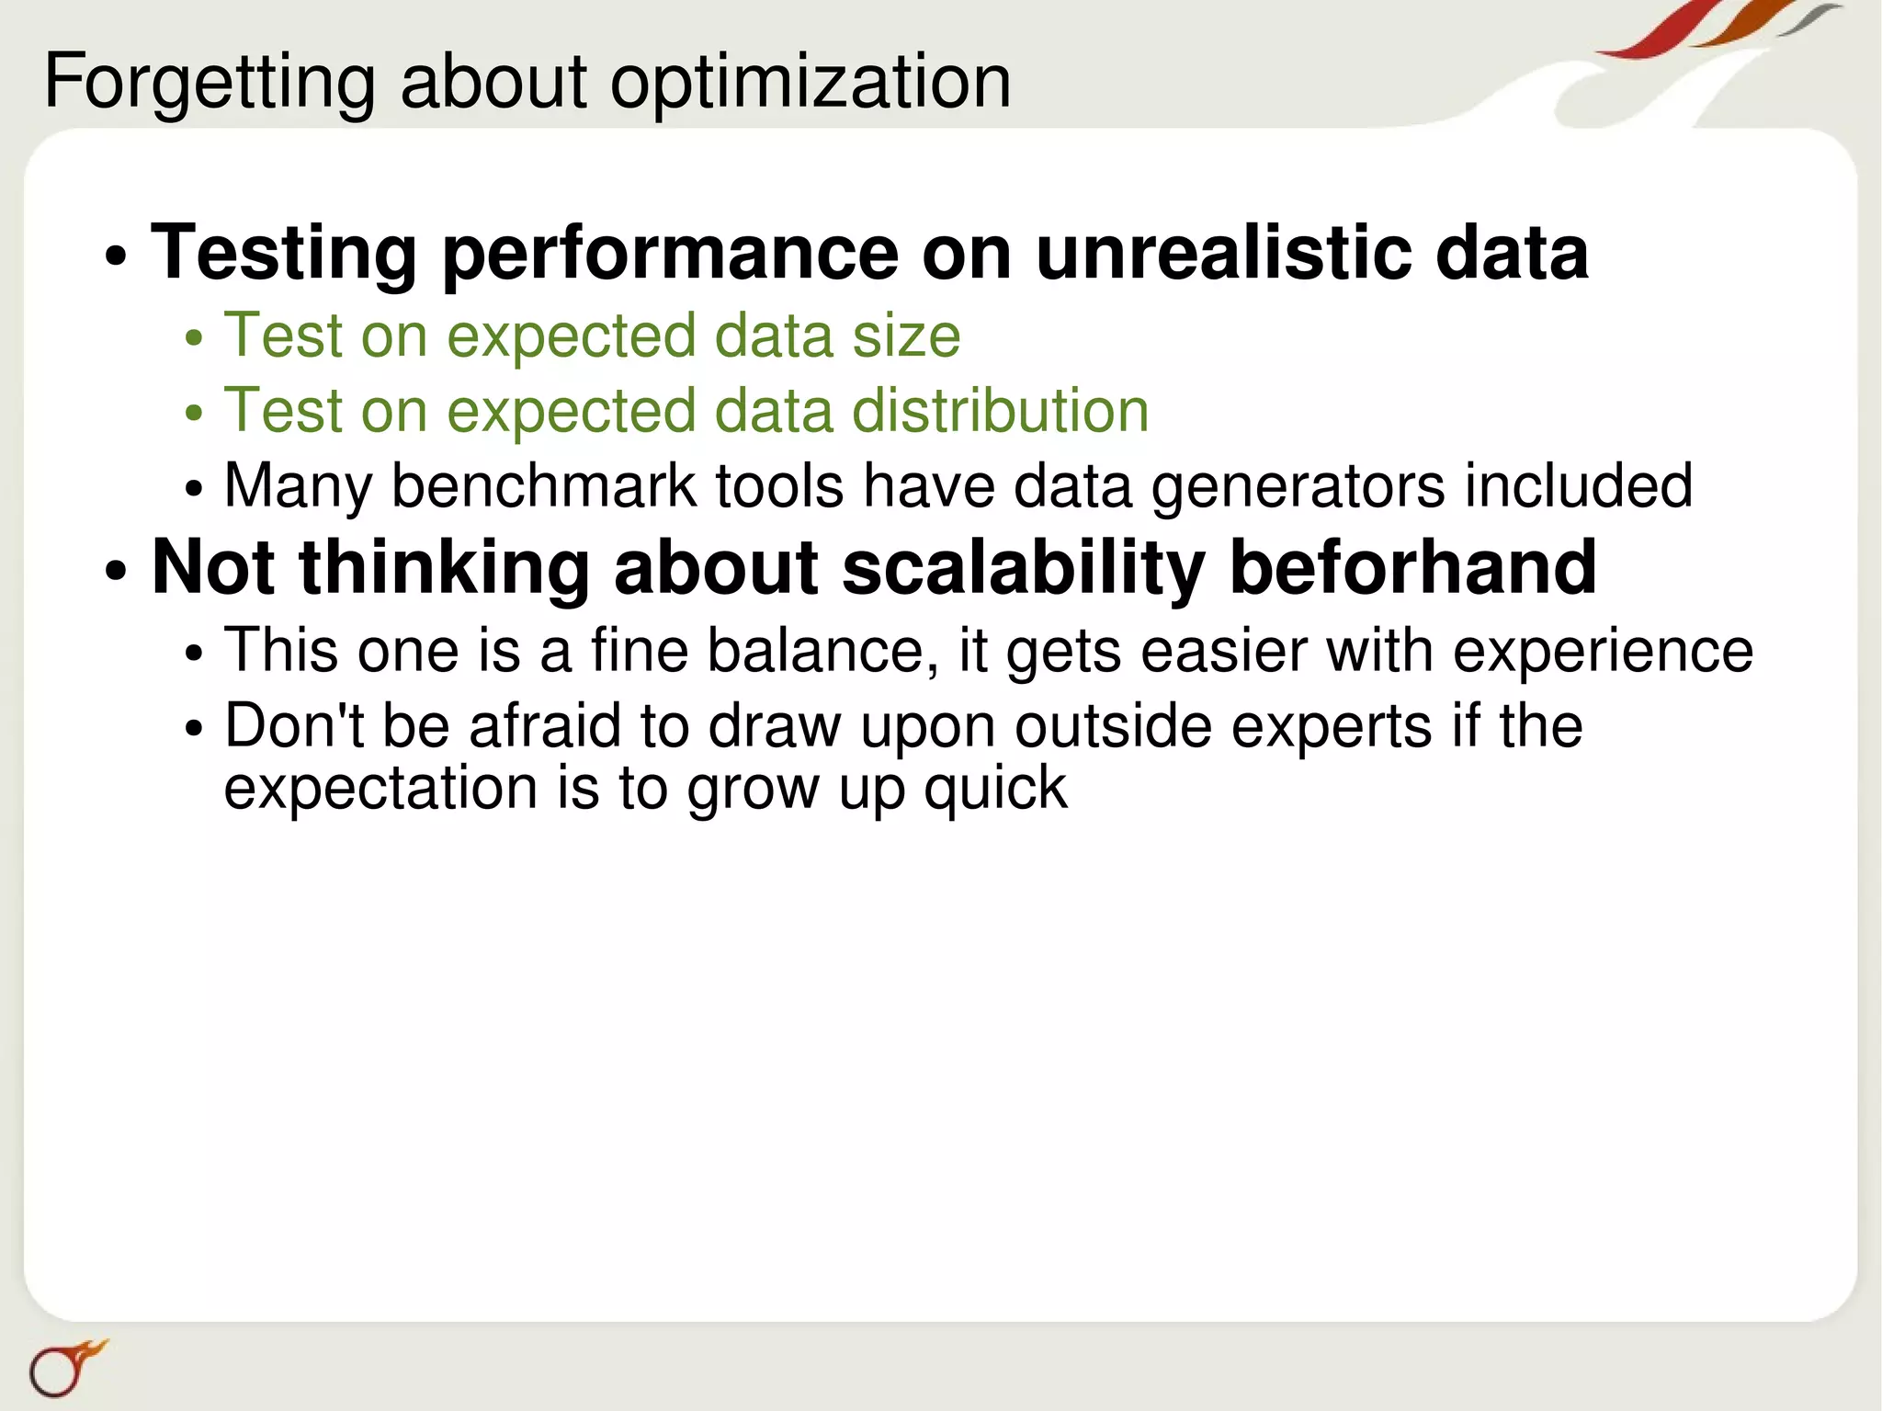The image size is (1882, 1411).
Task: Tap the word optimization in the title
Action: point(811,83)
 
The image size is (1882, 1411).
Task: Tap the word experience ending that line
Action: point(1603,653)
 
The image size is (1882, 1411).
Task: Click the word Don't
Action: point(294,725)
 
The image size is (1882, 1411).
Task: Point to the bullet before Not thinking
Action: point(116,571)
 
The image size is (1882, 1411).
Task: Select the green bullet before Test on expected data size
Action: point(193,338)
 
